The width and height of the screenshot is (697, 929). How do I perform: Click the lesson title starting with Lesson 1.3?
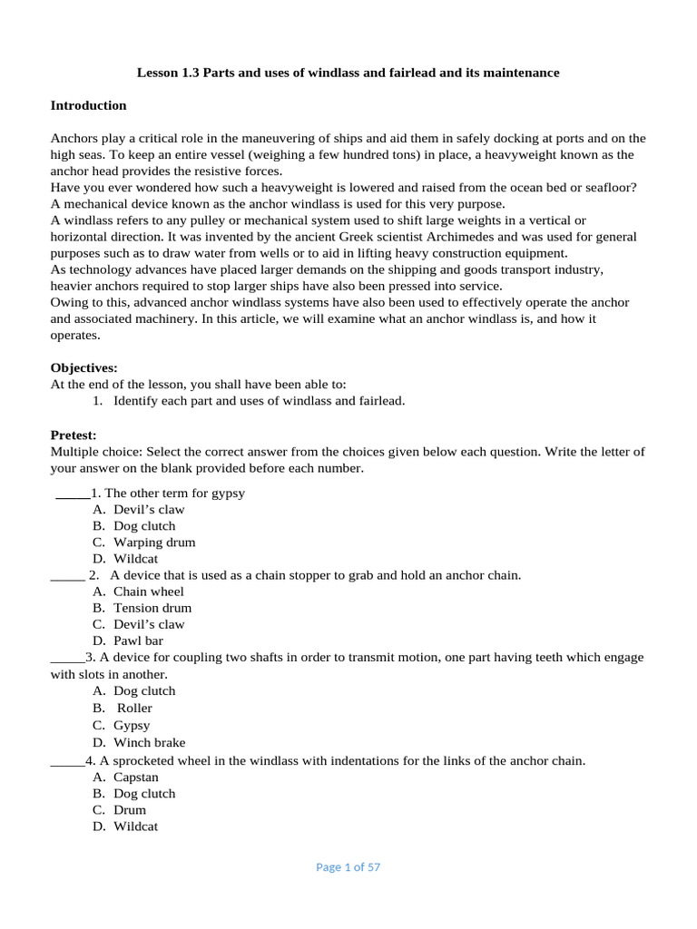pyautogui.click(x=348, y=73)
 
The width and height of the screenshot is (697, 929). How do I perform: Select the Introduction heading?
pyautogui.click(x=88, y=105)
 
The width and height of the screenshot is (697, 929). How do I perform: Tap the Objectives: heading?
pyautogui.click(x=83, y=368)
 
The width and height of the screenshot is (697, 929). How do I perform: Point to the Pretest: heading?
pyautogui.click(x=73, y=435)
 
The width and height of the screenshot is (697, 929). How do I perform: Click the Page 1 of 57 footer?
pyautogui.click(x=348, y=867)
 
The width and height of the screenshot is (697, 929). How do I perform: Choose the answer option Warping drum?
pyautogui.click(x=154, y=543)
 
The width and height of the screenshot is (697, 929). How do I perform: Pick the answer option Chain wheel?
pyautogui.click(x=148, y=592)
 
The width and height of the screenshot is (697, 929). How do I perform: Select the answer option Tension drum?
pyautogui.click(x=152, y=608)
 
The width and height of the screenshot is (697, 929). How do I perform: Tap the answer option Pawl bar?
pyautogui.click(x=139, y=641)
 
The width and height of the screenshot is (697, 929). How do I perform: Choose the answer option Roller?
pyautogui.click(x=134, y=708)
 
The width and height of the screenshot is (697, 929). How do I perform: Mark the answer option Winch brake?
pyautogui.click(x=149, y=742)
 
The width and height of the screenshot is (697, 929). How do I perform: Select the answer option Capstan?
pyautogui.click(x=136, y=777)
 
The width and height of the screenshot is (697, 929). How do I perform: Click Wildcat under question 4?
pyautogui.click(x=135, y=826)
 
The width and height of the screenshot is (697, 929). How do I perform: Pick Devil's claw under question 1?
pyautogui.click(x=149, y=510)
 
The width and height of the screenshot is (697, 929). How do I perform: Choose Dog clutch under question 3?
pyautogui.click(x=144, y=691)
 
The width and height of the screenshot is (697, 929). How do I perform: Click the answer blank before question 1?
pyautogui.click(x=72, y=494)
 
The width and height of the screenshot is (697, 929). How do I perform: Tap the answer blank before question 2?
pyautogui.click(x=67, y=576)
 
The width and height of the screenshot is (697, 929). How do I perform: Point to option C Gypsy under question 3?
pyautogui.click(x=132, y=726)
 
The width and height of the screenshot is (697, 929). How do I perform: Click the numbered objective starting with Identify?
pyautogui.click(x=259, y=401)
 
